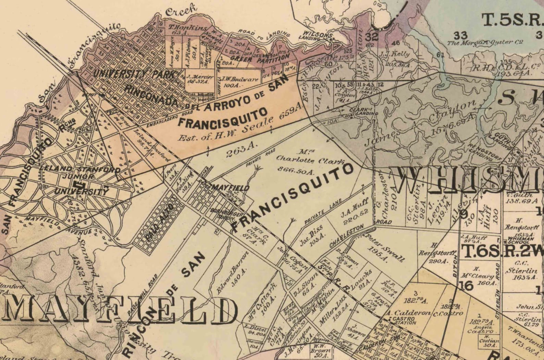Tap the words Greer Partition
260,58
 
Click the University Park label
135,73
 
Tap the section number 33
460,35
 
